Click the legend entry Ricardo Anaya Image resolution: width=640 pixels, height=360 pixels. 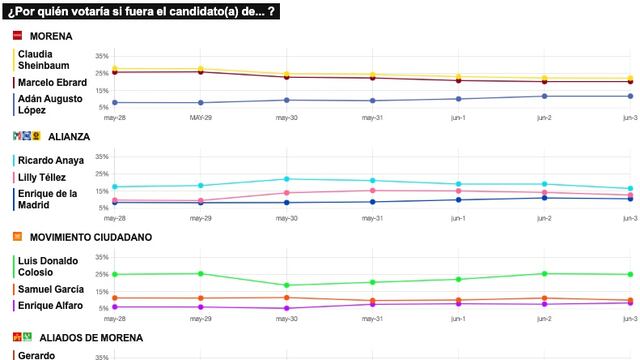click(50, 160)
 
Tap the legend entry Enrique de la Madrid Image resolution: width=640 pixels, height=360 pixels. click(48, 198)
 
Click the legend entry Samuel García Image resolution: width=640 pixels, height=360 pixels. click(51, 289)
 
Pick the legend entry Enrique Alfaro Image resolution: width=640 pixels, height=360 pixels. click(50, 304)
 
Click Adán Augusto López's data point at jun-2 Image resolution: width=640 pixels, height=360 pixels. click(544, 96)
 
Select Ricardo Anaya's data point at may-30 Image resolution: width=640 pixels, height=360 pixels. click(287, 179)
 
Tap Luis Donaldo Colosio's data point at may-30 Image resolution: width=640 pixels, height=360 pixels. click(287, 285)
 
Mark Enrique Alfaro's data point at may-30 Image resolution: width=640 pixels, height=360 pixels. click(287, 309)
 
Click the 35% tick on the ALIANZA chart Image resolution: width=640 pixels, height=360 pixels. click(102, 157)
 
